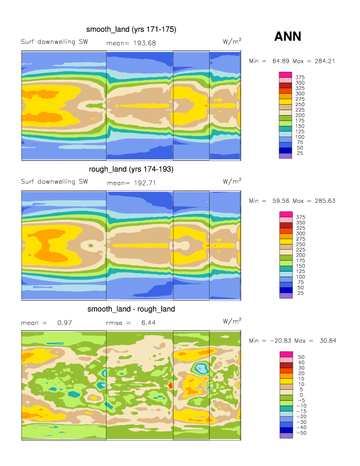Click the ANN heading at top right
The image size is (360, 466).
[x=288, y=36]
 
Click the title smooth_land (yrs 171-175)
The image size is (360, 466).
[x=131, y=29]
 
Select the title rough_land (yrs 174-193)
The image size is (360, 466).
[x=131, y=169]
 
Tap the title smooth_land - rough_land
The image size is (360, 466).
[x=131, y=309]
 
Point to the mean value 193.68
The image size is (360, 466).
[x=145, y=43]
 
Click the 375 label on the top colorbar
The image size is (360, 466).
[x=300, y=77]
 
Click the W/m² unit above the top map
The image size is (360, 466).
[x=232, y=41]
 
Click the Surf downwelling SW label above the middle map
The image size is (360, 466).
[x=54, y=181]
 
